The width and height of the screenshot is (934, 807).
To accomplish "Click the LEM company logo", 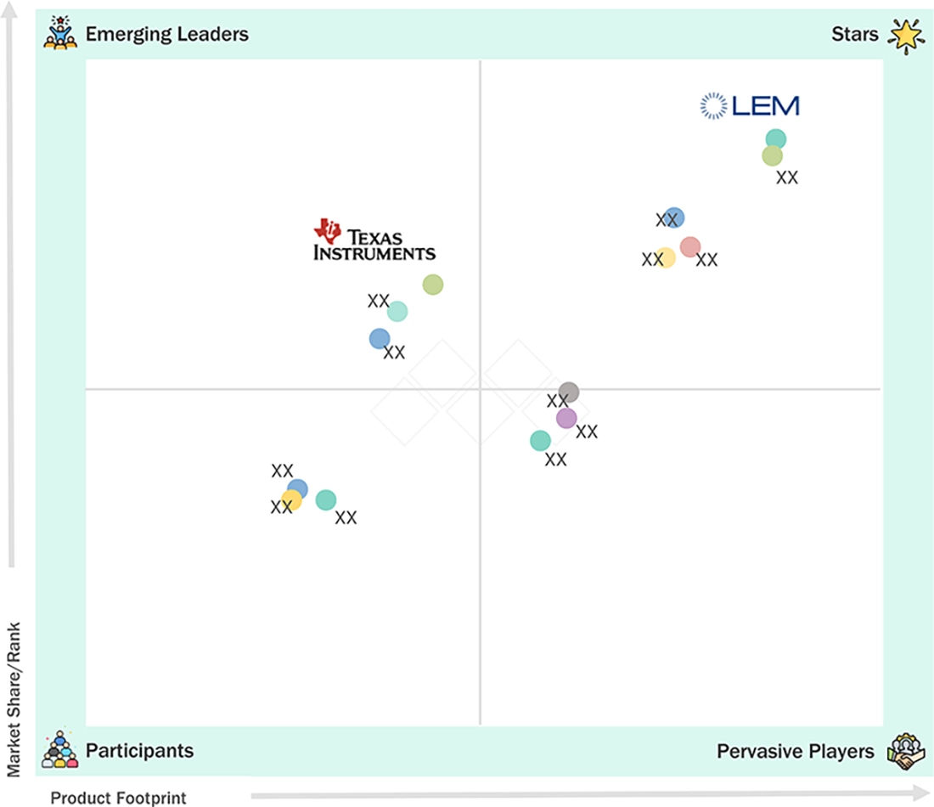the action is click(x=750, y=106).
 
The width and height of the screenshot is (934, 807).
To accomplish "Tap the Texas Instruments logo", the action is click(x=374, y=240).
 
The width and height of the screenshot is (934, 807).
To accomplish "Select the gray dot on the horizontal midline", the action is click(x=568, y=392).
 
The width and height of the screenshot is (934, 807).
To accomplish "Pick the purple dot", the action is click(x=565, y=419).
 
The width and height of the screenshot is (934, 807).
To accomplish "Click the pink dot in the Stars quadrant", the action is click(x=689, y=246).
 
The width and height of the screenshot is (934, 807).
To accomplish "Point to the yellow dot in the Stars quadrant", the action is click(x=666, y=257).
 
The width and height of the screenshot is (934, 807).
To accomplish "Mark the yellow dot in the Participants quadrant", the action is click(x=291, y=500).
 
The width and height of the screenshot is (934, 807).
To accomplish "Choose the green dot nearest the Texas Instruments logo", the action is click(x=432, y=285).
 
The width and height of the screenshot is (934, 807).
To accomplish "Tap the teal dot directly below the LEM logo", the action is click(x=775, y=138).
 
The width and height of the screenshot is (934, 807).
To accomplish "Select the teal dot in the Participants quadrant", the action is click(x=325, y=499).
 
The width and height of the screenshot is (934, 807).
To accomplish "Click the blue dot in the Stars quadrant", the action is click(x=673, y=217).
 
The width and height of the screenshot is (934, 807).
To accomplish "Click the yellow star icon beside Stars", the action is click(x=906, y=35).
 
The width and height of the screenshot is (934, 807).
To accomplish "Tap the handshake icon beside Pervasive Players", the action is click(x=905, y=751).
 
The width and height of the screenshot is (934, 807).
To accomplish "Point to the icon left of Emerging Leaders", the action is click(x=60, y=33).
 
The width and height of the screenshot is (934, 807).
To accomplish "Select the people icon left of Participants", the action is click(x=59, y=749).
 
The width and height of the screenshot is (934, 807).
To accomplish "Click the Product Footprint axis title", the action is click(x=118, y=798).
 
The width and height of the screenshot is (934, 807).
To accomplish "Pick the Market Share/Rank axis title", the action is click(x=14, y=700).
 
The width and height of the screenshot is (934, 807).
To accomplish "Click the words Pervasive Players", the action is click(x=796, y=751).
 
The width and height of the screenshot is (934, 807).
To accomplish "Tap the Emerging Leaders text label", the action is click(x=166, y=34).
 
